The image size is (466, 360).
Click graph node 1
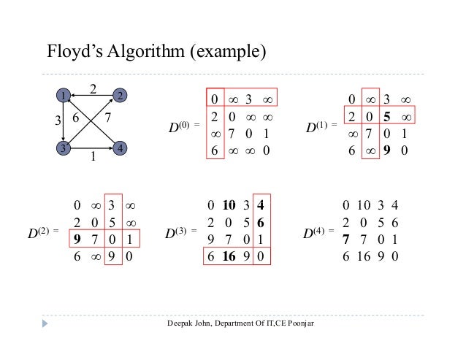pyautogui.click(x=64, y=96)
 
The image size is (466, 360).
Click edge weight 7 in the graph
pyautogui.click(x=107, y=117)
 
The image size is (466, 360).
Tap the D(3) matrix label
pyautogui.click(x=176, y=235)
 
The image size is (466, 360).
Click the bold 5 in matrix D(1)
pyautogui.click(x=391, y=117)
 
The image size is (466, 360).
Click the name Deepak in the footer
pyautogui.click(x=181, y=322)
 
